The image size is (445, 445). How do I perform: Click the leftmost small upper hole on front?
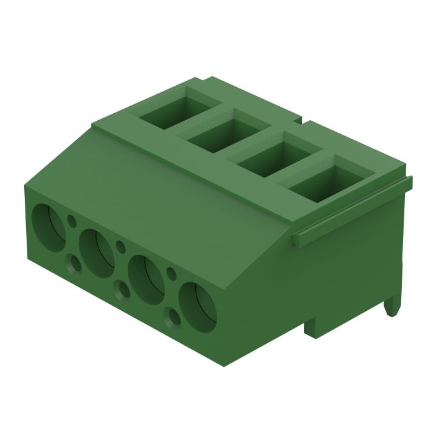pyautogui.click(x=71, y=221)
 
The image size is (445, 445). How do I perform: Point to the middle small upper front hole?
pyautogui.click(x=120, y=244)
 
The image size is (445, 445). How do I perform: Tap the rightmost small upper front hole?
pyautogui.click(x=170, y=273)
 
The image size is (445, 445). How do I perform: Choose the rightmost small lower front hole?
pyautogui.click(x=172, y=316)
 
